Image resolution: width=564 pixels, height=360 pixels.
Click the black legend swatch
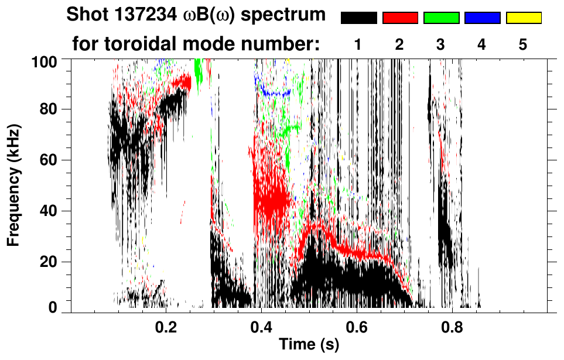click(358, 18)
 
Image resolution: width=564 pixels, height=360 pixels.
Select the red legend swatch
click(400, 18)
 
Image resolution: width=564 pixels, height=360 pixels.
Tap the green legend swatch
click(441, 18)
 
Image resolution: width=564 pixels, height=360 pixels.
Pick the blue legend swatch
click(482, 18)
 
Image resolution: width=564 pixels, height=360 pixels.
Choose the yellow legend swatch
click(524, 18)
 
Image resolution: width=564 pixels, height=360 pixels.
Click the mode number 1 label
click(358, 44)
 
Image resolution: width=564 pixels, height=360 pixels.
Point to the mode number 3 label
click(441, 44)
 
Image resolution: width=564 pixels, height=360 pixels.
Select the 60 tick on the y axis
click(53, 160)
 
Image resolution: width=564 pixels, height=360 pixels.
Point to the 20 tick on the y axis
click(53, 262)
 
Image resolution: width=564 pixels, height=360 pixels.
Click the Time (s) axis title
click(309, 346)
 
